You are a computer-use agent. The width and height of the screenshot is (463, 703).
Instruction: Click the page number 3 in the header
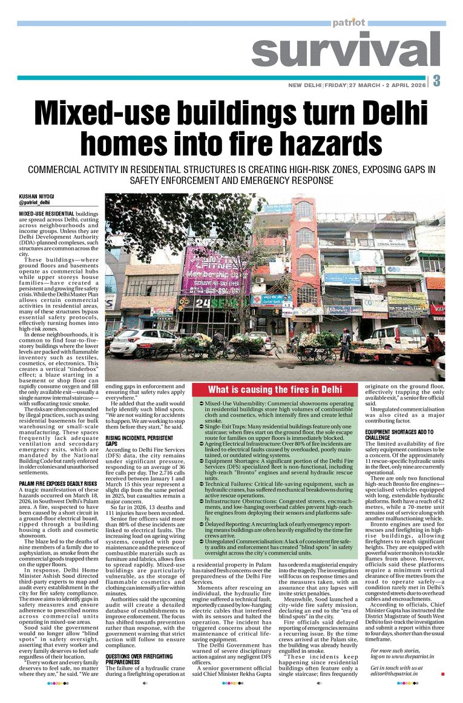click(x=436, y=81)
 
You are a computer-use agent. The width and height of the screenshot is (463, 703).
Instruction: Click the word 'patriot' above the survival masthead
click(x=349, y=22)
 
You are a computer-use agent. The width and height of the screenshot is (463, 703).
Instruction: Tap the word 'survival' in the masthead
click(x=347, y=50)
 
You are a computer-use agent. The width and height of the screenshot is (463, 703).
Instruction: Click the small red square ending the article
click(x=442, y=673)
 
